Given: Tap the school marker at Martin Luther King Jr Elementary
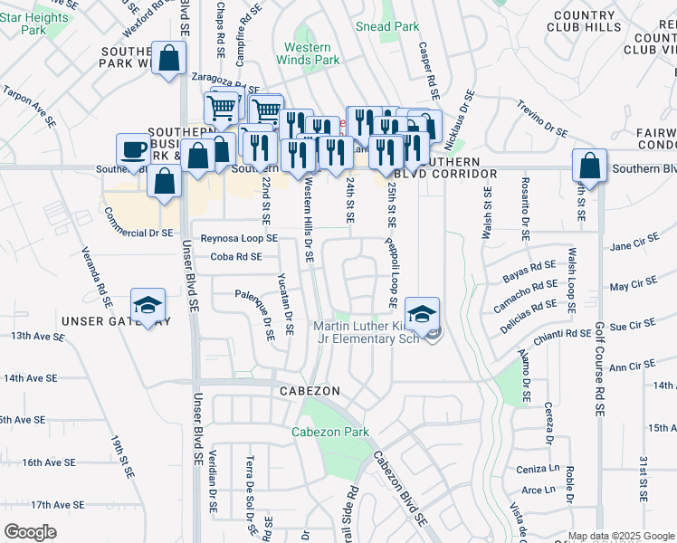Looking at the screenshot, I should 422,314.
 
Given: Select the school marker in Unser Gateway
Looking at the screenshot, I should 148,305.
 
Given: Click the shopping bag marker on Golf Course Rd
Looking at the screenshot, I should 589,167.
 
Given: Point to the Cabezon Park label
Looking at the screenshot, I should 330,432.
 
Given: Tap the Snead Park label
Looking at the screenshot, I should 387,26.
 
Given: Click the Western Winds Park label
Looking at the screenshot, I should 312,53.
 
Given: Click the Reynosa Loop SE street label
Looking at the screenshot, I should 239,238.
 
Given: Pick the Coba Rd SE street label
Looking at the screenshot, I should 235,257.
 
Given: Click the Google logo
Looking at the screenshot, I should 31,532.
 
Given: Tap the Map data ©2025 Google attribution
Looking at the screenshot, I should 620,536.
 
